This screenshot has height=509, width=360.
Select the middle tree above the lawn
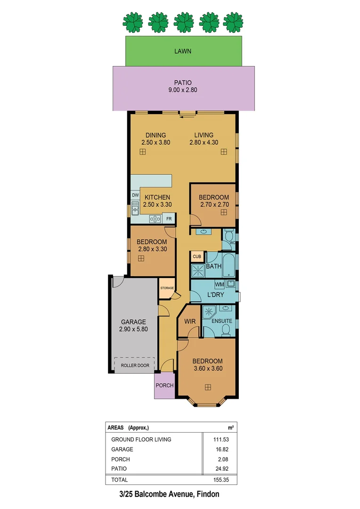point(183,21)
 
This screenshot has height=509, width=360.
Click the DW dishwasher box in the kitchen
point(135,195)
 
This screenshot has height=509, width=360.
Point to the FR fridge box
point(169,219)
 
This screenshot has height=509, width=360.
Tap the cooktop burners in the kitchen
point(155,218)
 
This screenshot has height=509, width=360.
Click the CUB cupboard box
point(196,257)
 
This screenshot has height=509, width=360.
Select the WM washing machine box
point(219,285)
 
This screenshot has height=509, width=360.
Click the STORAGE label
point(167,288)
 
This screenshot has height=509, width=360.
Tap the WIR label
point(190,321)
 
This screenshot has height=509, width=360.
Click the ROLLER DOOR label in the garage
point(135,365)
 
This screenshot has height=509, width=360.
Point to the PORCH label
point(164,386)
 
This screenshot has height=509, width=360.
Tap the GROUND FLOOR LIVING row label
point(141,439)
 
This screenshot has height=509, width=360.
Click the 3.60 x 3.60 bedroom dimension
point(207,368)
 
